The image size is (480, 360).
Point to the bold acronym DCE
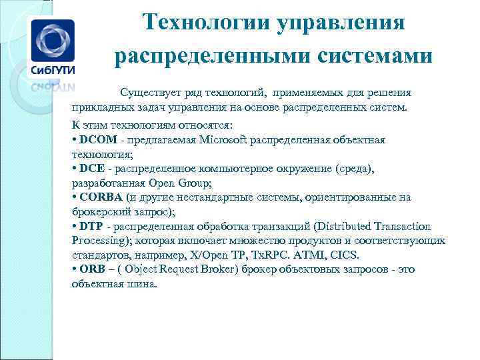[91, 169]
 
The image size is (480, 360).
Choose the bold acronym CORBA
[101, 197]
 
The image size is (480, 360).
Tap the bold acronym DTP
[91, 227]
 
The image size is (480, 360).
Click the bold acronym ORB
[91, 270]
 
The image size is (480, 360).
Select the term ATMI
[311, 255]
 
